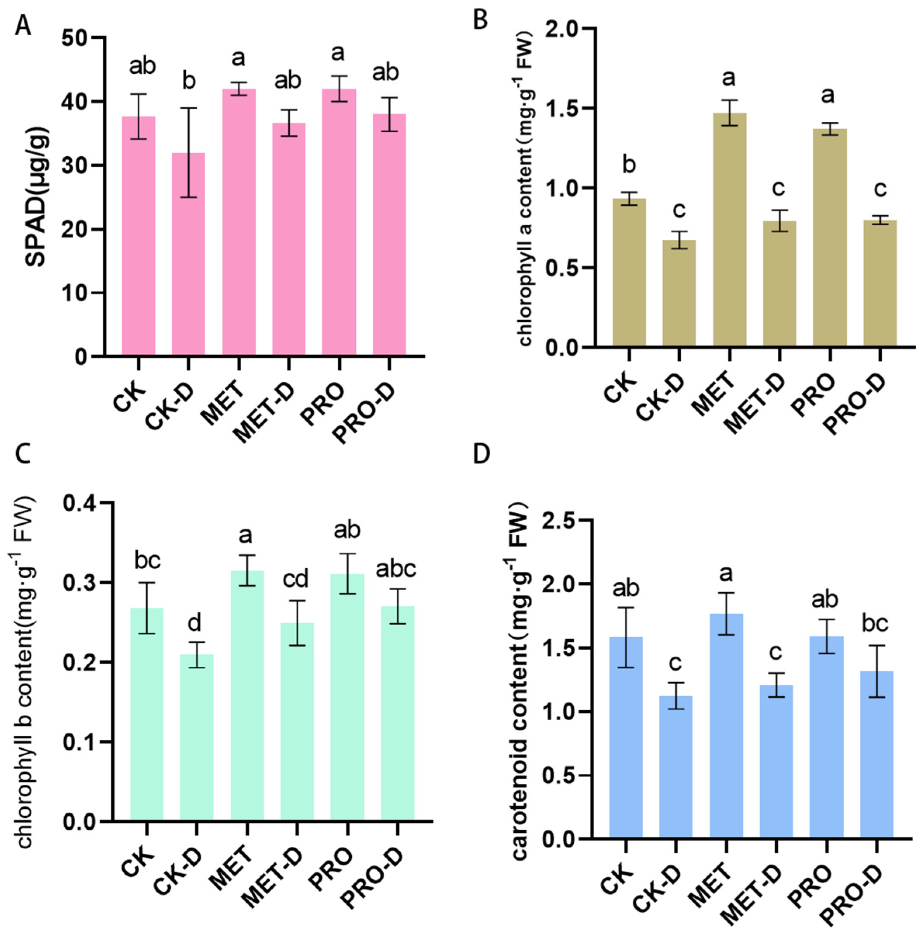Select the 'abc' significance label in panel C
[x=397, y=569]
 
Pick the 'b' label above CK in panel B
[x=629, y=164]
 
